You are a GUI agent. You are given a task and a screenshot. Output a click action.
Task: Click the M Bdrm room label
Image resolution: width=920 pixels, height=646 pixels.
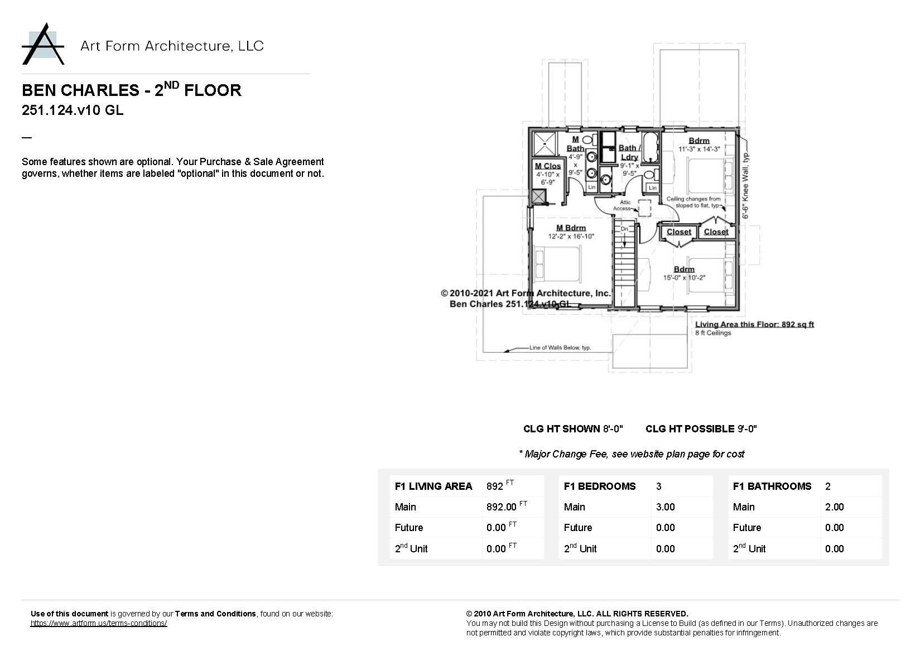pos(571,228)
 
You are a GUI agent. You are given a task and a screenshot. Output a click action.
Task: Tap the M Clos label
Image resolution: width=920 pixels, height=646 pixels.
pos(547,166)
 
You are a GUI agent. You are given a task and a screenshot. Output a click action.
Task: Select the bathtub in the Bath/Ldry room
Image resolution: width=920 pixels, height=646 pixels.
pos(650,147)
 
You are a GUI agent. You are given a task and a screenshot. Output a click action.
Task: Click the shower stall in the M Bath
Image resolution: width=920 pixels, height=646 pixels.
pos(545,143)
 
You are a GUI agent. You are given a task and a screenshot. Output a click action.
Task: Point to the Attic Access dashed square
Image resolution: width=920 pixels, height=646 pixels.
pos(645,208)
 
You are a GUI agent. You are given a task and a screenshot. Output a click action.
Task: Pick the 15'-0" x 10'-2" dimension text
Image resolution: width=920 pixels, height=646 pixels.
pos(684,278)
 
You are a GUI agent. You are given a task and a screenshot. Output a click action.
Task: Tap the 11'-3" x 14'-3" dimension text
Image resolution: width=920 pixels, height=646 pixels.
pos(699,150)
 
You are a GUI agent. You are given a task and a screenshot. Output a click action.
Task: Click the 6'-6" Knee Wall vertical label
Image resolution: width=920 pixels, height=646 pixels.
pos(745,185)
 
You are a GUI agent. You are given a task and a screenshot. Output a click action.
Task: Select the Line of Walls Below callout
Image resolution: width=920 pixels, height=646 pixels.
pos(560,348)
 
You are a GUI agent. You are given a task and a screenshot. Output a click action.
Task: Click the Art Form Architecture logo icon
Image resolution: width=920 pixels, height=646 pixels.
pos(43,44)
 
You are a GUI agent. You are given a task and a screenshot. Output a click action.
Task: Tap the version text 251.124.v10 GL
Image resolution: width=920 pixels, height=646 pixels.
pos(73,110)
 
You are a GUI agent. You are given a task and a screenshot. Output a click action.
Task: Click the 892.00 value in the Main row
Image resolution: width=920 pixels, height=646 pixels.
pos(502,507)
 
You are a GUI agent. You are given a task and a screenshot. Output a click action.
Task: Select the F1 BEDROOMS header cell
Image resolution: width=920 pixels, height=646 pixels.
pos(600,486)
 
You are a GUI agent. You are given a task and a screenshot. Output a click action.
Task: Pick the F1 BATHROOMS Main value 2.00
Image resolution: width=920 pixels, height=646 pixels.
pos(834,507)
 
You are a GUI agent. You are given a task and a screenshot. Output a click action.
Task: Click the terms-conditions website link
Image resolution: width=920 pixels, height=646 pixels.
pos(99,623)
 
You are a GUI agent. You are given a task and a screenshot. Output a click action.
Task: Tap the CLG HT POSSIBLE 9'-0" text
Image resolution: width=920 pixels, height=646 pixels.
pos(701,429)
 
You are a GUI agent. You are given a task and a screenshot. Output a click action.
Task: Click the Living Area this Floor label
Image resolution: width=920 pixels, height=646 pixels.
pos(754,324)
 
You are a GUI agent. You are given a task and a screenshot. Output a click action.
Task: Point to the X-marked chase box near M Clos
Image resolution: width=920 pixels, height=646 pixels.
pos(538,196)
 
